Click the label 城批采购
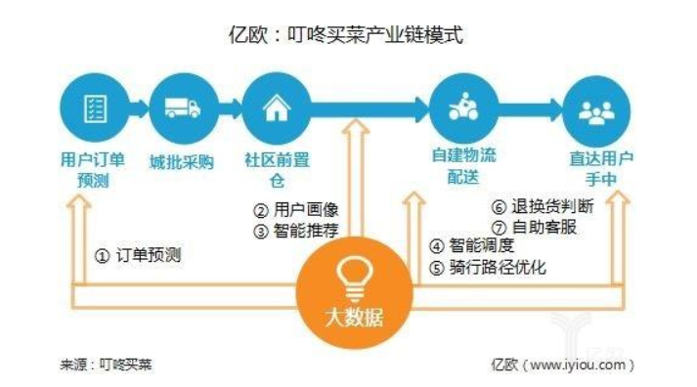pos(181,162)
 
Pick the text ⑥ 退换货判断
pos(541,207)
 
